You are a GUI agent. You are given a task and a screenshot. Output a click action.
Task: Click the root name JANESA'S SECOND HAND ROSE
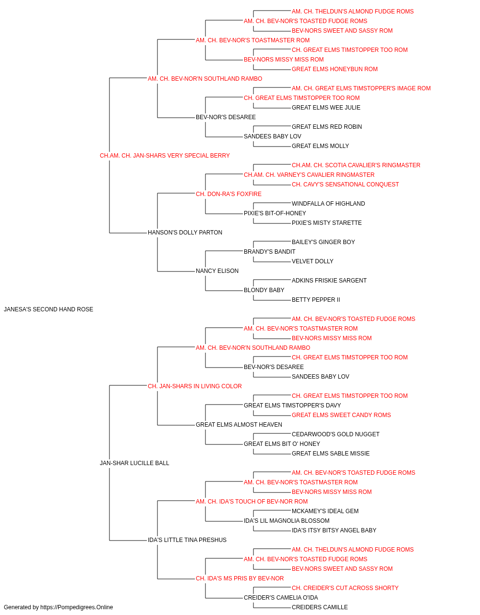click(x=48, y=309)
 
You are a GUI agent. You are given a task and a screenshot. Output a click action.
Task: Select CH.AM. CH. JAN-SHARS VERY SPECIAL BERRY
click(x=165, y=156)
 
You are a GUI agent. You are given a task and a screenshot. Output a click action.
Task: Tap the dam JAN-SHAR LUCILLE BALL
click(x=134, y=463)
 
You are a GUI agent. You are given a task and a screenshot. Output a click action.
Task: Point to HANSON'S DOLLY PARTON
click(x=185, y=233)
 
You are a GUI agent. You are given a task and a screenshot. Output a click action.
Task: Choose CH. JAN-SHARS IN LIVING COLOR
click(x=195, y=386)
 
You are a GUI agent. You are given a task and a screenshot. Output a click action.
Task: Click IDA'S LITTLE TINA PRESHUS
click(x=187, y=540)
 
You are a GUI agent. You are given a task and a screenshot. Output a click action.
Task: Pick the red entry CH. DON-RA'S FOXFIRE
click(x=228, y=194)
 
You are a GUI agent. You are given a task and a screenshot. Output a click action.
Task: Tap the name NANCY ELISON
click(x=217, y=271)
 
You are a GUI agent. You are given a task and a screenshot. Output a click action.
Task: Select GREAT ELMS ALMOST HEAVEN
click(x=239, y=425)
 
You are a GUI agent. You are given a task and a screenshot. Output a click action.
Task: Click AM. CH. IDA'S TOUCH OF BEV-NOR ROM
click(x=252, y=502)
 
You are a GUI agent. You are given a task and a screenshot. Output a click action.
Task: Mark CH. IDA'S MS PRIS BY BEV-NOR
click(x=240, y=578)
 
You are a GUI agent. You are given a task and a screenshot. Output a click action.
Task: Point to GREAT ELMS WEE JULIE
click(x=326, y=108)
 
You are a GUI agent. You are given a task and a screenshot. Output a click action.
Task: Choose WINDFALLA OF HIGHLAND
click(x=328, y=204)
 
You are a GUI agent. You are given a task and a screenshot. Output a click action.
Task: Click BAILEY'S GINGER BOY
click(x=323, y=242)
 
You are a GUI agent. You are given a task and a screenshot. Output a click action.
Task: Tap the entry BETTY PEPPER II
click(x=316, y=300)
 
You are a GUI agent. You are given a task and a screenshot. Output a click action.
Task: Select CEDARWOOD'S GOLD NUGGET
click(x=336, y=434)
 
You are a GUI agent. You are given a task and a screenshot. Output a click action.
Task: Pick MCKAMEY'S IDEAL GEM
click(x=325, y=511)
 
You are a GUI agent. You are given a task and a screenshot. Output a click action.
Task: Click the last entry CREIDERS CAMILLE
click(x=320, y=607)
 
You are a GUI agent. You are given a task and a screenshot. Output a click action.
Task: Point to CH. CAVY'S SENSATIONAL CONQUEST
click(x=345, y=184)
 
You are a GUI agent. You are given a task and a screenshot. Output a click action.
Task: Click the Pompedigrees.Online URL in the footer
click(x=77, y=607)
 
